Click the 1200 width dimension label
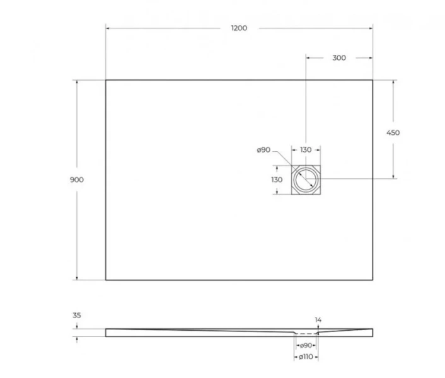(239, 28)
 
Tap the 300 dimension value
(338, 58)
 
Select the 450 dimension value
(393, 133)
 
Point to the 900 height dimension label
(77, 180)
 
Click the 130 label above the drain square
(305, 150)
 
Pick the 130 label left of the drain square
(277, 180)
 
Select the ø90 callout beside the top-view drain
(263, 150)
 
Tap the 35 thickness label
(77, 315)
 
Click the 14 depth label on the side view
(318, 321)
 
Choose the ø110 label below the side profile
(306, 357)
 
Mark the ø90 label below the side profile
(306, 345)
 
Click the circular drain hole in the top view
(306, 180)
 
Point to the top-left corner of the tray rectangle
(105, 80)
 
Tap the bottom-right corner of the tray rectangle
(373, 280)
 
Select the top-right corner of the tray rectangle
(373, 80)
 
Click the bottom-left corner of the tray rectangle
(105, 280)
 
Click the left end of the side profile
(106, 332)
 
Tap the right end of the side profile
(373, 332)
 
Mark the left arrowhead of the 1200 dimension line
(107, 28)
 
